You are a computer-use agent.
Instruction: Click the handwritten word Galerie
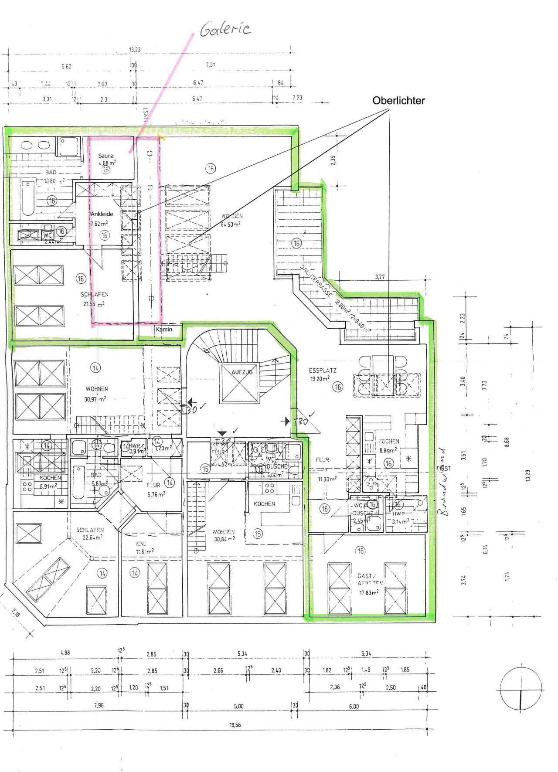point(225,29)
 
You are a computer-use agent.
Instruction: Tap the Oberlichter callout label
point(398,101)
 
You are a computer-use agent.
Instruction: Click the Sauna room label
point(106,156)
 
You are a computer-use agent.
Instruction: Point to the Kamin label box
point(164,330)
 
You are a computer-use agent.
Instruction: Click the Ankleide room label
point(102,214)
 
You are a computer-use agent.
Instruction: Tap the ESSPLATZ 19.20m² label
point(322,374)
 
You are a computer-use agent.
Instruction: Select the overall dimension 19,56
point(235,725)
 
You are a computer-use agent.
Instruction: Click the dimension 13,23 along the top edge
point(135,50)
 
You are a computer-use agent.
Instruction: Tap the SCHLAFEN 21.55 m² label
point(94,299)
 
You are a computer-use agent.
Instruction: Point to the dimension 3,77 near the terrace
point(380,277)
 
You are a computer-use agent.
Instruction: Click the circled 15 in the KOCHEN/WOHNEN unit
point(258,534)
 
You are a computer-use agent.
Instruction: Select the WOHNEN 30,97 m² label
point(96,393)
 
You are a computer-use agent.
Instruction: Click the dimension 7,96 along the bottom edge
point(99,705)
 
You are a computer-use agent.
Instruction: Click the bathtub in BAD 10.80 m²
point(28,198)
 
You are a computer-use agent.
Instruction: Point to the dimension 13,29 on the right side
point(528,475)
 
